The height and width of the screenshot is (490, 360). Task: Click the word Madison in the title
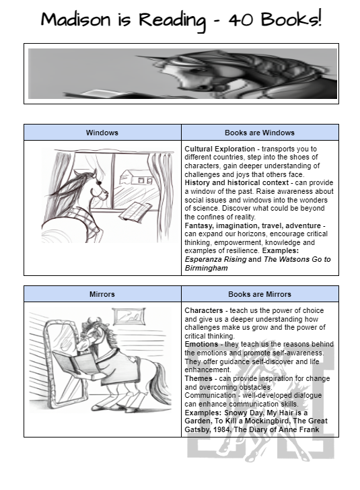(75, 19)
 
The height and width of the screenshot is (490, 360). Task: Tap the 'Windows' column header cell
(102, 133)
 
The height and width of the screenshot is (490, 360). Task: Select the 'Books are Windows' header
(260, 133)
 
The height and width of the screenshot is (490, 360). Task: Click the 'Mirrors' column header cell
(102, 294)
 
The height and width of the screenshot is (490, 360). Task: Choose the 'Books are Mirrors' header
(260, 294)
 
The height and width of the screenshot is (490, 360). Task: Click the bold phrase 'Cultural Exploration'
(219, 149)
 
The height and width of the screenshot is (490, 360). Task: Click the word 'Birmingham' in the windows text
(207, 268)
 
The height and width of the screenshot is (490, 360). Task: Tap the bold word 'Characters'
(204, 311)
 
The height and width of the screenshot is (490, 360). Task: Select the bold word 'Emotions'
(201, 345)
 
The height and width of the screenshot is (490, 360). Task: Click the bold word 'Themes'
(199, 378)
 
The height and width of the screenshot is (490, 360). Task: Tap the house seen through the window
(136, 177)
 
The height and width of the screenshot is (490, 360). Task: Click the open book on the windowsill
(135, 211)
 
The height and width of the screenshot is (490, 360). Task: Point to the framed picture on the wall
(129, 316)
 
